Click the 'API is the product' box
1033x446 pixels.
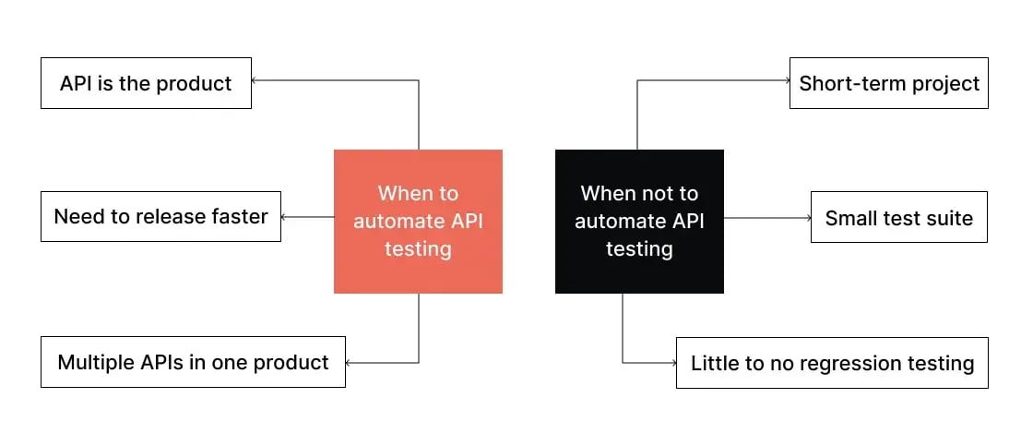point(146,83)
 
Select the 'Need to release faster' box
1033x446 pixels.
point(160,217)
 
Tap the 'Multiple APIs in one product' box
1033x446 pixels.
point(193,362)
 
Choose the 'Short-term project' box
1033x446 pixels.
point(889,83)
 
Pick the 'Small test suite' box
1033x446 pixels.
point(898,218)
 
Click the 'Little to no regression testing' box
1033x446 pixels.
point(832,363)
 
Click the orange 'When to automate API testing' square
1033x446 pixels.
point(418,222)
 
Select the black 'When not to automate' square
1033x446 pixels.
point(639,222)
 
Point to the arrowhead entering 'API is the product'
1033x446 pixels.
point(255,80)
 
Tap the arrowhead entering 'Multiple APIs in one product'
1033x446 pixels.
point(350,362)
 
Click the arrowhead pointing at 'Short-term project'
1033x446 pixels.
point(786,80)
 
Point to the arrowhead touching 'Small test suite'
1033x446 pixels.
point(807,218)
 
